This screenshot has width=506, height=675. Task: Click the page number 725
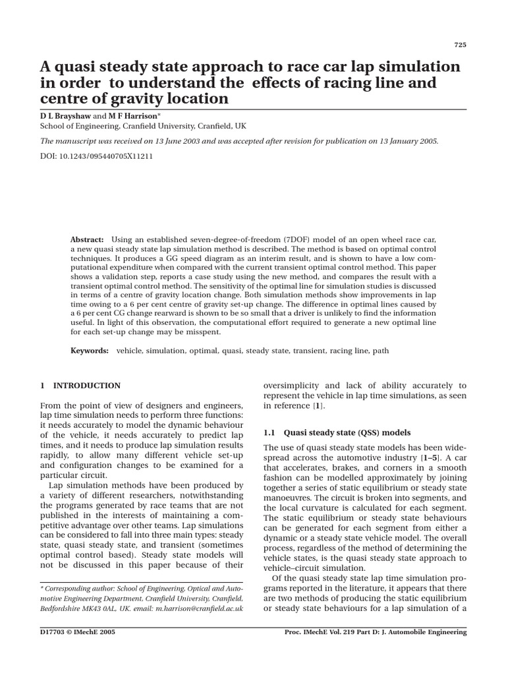click(461, 45)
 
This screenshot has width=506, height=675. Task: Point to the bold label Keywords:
click(90, 351)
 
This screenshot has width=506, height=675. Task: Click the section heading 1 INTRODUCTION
click(80, 386)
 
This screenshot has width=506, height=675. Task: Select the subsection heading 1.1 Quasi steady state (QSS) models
click(337, 432)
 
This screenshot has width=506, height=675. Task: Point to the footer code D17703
click(55, 631)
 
